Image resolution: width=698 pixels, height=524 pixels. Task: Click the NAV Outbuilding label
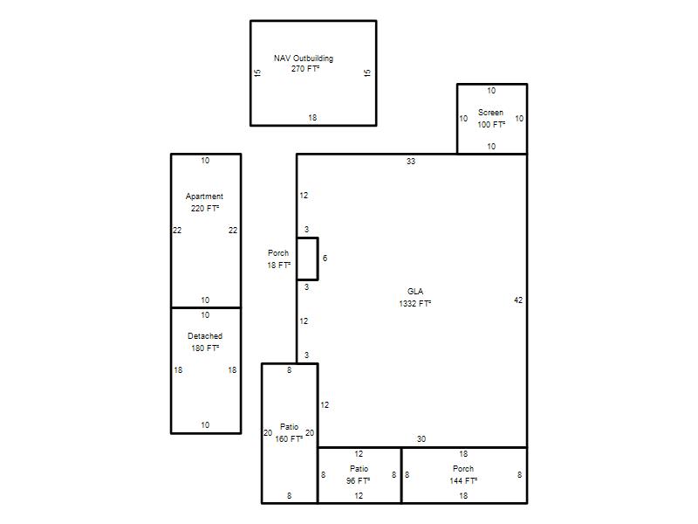click(304, 59)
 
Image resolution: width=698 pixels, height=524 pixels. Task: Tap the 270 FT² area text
click(305, 69)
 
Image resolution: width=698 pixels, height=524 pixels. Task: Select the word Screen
click(490, 113)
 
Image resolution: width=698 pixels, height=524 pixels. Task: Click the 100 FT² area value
click(491, 124)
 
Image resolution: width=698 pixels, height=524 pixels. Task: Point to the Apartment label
click(204, 196)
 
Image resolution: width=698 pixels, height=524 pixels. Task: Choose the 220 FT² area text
click(205, 208)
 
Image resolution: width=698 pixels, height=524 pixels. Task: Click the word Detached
click(205, 336)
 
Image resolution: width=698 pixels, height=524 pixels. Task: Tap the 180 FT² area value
click(205, 348)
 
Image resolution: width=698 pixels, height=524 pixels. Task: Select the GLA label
click(415, 292)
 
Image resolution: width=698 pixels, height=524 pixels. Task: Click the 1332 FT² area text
click(415, 303)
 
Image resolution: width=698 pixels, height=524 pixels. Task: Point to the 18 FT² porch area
click(278, 265)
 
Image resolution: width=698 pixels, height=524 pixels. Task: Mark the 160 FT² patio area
click(289, 439)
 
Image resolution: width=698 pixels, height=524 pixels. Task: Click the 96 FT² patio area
click(359, 481)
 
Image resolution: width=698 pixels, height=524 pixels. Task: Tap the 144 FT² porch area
click(463, 481)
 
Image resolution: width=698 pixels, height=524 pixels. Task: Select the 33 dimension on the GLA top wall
click(411, 162)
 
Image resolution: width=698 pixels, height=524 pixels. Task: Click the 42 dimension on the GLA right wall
click(518, 300)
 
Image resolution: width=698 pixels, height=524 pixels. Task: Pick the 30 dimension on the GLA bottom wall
click(421, 439)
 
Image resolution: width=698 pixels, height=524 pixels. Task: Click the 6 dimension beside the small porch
click(325, 259)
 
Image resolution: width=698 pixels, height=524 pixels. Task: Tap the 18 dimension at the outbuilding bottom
click(312, 118)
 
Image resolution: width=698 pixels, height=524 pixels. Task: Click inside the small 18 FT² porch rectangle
click(308, 259)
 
